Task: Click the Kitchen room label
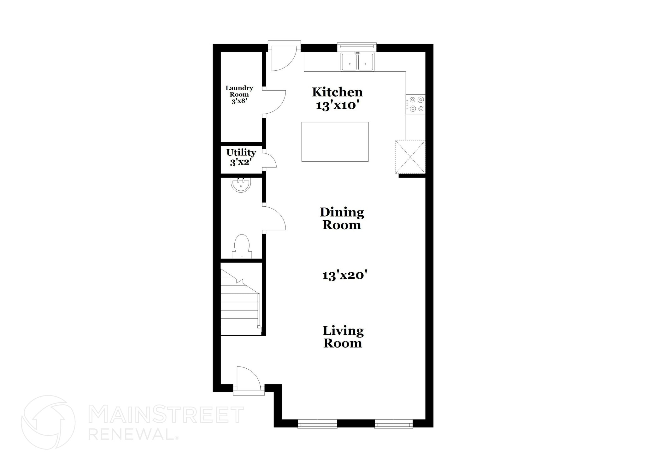(x=337, y=92)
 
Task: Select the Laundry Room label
(x=239, y=91)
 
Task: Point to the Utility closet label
(x=241, y=152)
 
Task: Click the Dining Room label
(x=342, y=218)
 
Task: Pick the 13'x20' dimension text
(x=344, y=276)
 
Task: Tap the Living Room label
(x=343, y=337)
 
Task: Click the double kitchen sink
(x=357, y=62)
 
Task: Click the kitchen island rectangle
(x=335, y=142)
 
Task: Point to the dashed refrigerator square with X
(x=410, y=157)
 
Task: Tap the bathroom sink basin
(x=241, y=185)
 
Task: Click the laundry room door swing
(x=274, y=102)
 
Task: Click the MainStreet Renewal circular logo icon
(x=48, y=422)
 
